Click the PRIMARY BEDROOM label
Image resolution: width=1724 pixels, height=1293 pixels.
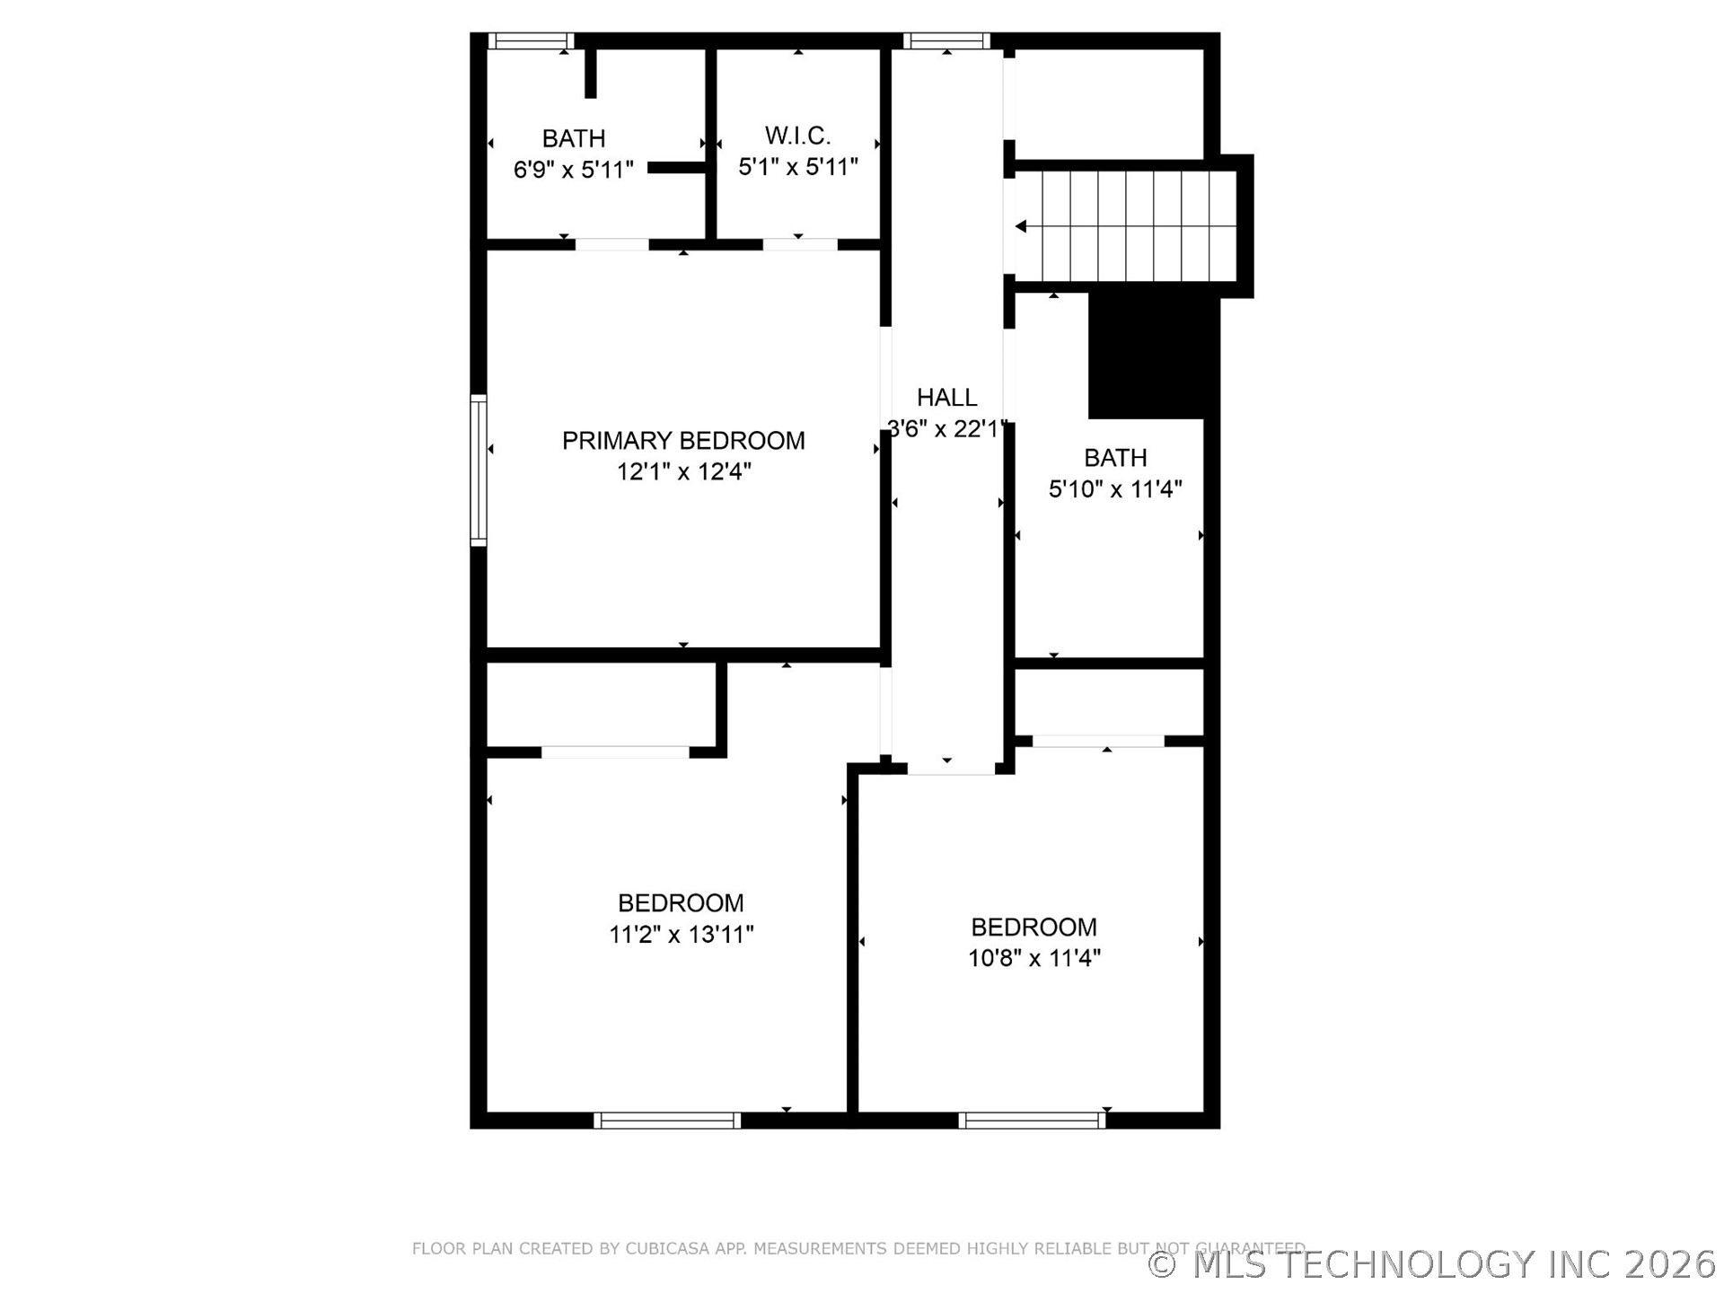click(683, 441)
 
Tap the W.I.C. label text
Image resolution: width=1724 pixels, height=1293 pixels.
click(797, 136)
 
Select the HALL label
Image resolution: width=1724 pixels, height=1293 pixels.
click(946, 397)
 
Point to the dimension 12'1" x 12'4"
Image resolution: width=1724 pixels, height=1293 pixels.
click(683, 471)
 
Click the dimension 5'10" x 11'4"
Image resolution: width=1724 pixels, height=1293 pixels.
click(1115, 489)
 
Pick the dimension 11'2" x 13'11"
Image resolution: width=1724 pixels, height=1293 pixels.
click(681, 935)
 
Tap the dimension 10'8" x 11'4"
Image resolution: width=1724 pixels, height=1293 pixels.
click(1034, 958)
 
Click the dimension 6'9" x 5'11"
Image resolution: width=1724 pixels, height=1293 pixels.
click(573, 170)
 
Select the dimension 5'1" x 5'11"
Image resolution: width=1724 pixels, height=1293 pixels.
click(797, 167)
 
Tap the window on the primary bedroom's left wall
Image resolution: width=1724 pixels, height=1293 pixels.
click(479, 470)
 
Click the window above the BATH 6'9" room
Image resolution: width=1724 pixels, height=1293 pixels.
click(531, 41)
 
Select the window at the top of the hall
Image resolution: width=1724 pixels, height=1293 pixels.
click(946, 41)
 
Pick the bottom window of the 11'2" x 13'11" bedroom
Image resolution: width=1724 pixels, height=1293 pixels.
click(667, 1121)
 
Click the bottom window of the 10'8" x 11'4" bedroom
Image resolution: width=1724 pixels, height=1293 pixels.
click(1033, 1121)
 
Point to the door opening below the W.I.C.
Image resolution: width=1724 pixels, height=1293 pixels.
click(800, 244)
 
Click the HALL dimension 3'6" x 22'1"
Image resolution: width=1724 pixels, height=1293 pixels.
click(946, 429)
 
